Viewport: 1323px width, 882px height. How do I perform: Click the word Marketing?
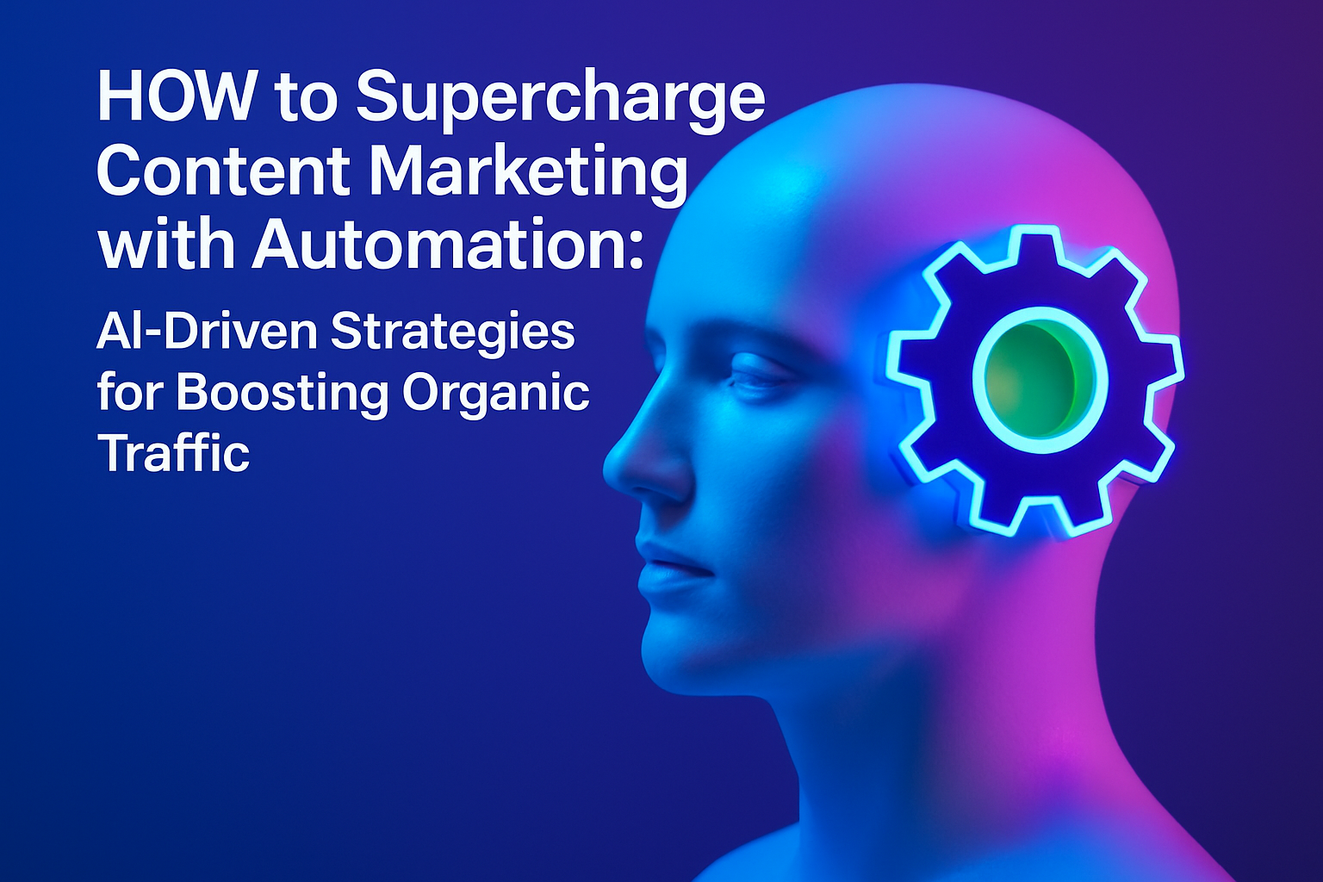(530, 176)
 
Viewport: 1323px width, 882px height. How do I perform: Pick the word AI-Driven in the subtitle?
(206, 332)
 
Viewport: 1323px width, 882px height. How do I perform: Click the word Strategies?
(452, 335)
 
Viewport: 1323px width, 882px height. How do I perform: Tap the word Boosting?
(282, 396)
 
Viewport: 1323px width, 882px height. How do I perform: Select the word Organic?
(495, 396)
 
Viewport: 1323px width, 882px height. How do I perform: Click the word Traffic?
(174, 451)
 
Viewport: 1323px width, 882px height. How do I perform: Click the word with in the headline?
(166, 244)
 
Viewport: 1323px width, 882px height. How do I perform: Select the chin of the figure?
(680, 655)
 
